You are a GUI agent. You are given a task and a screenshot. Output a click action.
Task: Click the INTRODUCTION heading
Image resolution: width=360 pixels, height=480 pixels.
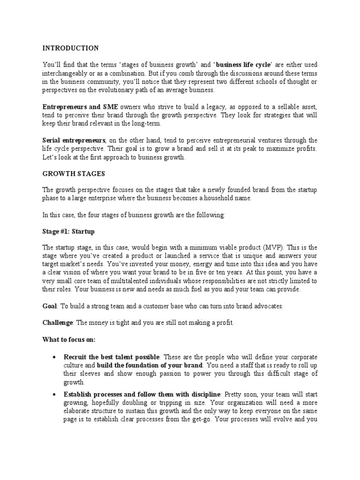[x=70, y=48]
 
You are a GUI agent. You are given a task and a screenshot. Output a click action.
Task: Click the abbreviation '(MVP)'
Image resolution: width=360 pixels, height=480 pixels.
[x=274, y=247]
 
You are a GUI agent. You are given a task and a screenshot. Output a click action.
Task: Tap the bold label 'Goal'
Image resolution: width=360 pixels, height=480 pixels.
[x=49, y=306]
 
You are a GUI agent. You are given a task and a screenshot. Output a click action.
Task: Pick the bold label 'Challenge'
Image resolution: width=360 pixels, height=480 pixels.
[x=57, y=322]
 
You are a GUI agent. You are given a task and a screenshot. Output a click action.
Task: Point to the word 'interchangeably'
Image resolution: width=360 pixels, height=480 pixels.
[x=66, y=74]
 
